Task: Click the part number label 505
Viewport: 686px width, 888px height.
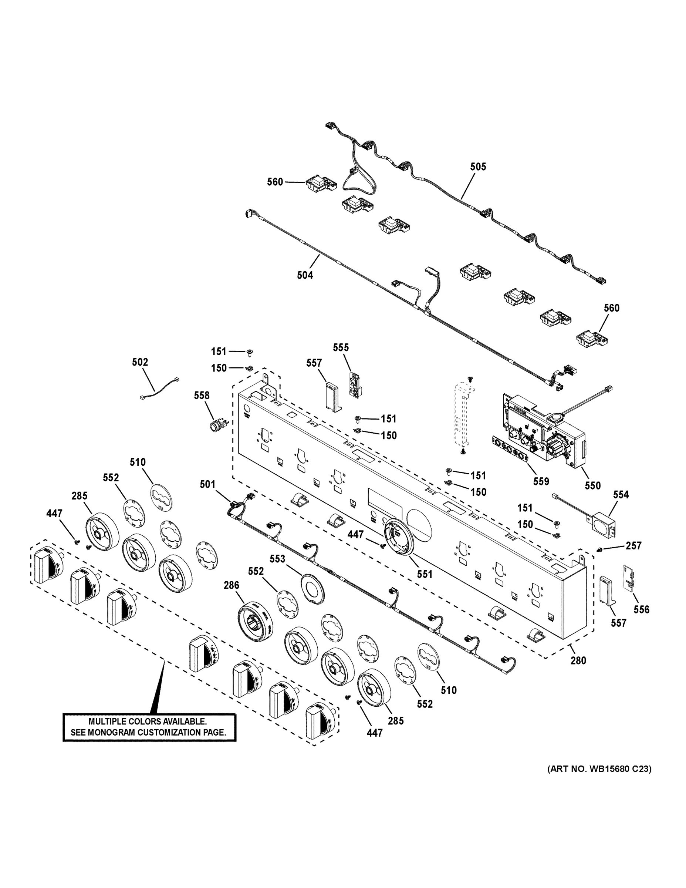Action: coord(478,167)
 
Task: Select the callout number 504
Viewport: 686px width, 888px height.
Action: coord(305,275)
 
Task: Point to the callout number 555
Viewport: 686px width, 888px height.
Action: coord(341,348)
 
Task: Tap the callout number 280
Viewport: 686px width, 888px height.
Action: coord(578,661)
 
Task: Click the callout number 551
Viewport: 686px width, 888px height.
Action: coord(424,574)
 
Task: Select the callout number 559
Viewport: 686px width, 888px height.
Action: coord(541,481)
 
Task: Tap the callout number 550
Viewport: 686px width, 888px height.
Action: coord(592,485)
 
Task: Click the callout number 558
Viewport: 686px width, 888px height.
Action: coord(202,395)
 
